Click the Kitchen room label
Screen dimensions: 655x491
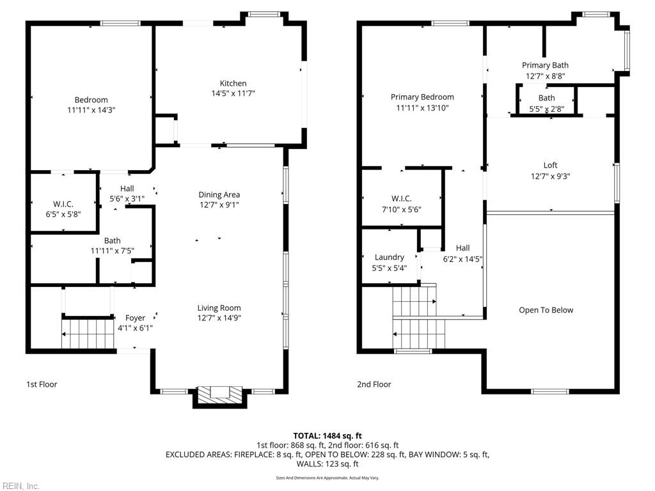coord(233,84)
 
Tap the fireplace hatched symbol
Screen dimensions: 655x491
coord(220,394)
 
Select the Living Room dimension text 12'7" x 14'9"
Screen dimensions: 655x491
coord(219,318)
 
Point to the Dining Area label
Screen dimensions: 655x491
coord(219,194)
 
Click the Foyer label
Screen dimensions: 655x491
coord(135,318)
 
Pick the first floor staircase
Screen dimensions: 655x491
coord(88,334)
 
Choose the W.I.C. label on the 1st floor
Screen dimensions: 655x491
coord(63,204)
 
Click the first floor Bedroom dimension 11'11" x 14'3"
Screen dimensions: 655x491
coord(91,110)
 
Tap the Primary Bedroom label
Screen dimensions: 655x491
coord(422,97)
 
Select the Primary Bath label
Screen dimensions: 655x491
coord(545,65)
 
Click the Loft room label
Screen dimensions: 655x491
coord(550,166)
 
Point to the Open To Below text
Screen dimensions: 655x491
coord(546,310)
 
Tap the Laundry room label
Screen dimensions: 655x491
coord(390,257)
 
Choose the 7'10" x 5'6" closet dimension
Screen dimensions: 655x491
coord(402,210)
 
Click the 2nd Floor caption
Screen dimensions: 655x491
coord(374,384)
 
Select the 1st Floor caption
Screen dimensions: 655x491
coord(42,384)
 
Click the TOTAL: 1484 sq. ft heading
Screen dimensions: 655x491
coord(327,436)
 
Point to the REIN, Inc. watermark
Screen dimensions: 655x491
coord(20,486)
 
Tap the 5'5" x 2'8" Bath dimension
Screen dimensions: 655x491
coord(546,109)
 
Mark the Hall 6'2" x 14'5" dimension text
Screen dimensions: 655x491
coord(462,260)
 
